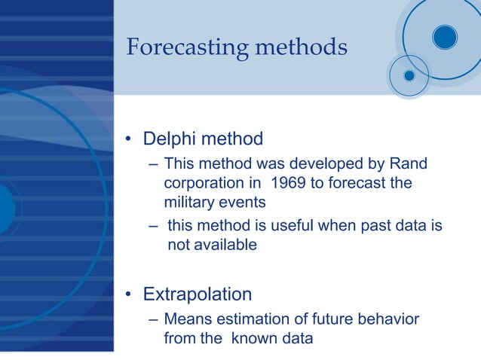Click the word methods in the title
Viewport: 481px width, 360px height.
[x=302, y=47]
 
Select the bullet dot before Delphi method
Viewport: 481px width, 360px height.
[x=129, y=139]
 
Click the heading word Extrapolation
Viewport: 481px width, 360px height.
[x=198, y=293]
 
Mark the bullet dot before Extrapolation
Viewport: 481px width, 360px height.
[x=129, y=294]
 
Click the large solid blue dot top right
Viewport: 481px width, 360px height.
[x=445, y=36]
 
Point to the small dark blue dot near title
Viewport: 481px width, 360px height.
[x=409, y=75]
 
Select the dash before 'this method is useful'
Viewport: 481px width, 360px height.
[x=153, y=226]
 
